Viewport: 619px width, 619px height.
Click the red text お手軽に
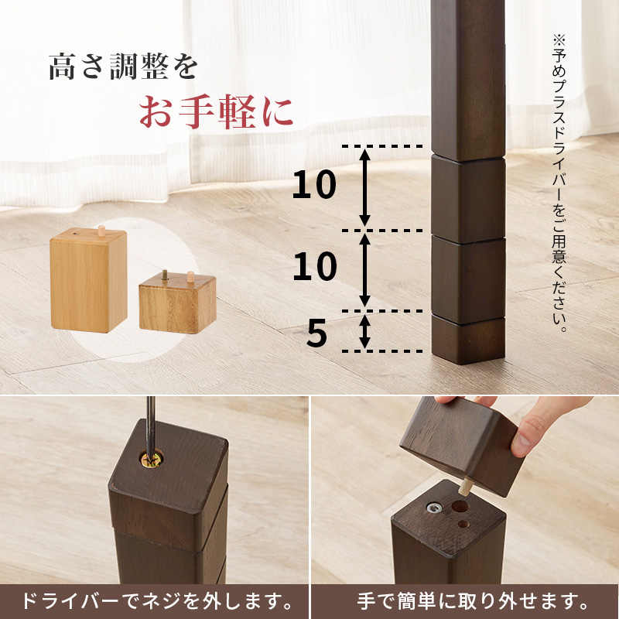pyautogui.click(x=216, y=112)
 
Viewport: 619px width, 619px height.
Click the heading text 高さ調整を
pyautogui.click(x=123, y=67)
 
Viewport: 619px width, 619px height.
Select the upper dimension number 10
pyautogui.click(x=314, y=186)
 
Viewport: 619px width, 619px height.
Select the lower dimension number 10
pyautogui.click(x=314, y=267)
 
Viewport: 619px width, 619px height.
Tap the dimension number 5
pyautogui.click(x=316, y=333)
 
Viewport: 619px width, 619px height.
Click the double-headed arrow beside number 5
pyautogui.click(x=365, y=331)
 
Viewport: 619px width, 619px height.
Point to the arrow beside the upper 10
pyautogui.click(x=365, y=187)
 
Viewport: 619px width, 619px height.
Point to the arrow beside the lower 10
pyautogui.click(x=365, y=269)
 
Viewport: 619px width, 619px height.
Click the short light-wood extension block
pyautogui.click(x=177, y=305)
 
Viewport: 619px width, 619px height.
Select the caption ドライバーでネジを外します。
pyautogui.click(x=155, y=600)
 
